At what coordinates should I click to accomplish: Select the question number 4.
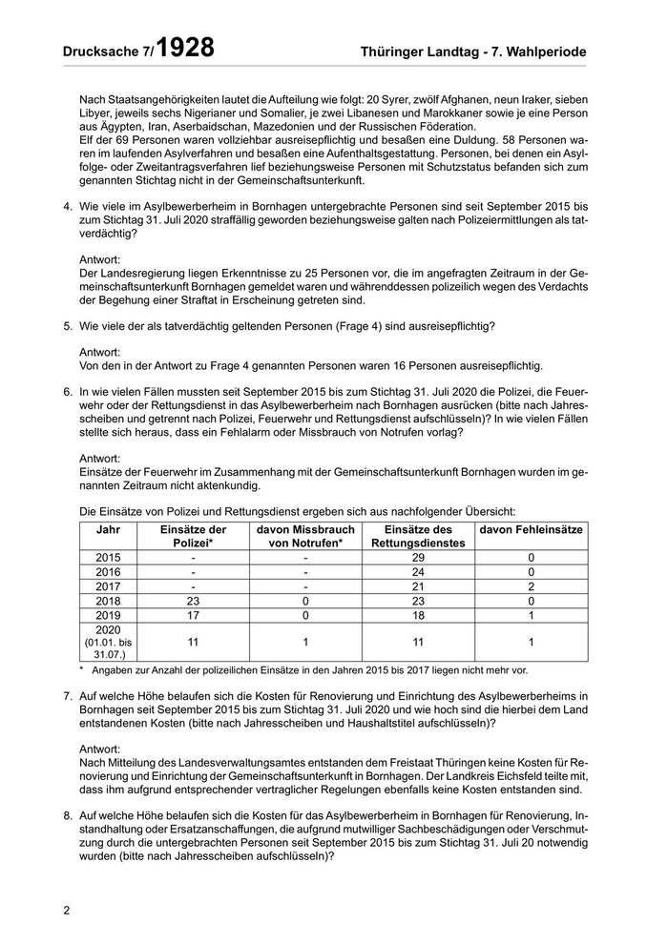pyautogui.click(x=68, y=206)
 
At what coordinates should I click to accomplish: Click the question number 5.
pyautogui.click(x=68, y=326)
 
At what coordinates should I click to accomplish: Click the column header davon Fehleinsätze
pyautogui.click(x=532, y=529)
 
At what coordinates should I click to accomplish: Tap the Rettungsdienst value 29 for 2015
pyautogui.click(x=416, y=556)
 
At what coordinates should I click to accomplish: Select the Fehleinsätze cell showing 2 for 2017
pyautogui.click(x=532, y=586)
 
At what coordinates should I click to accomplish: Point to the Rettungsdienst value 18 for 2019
pyautogui.click(x=416, y=616)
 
